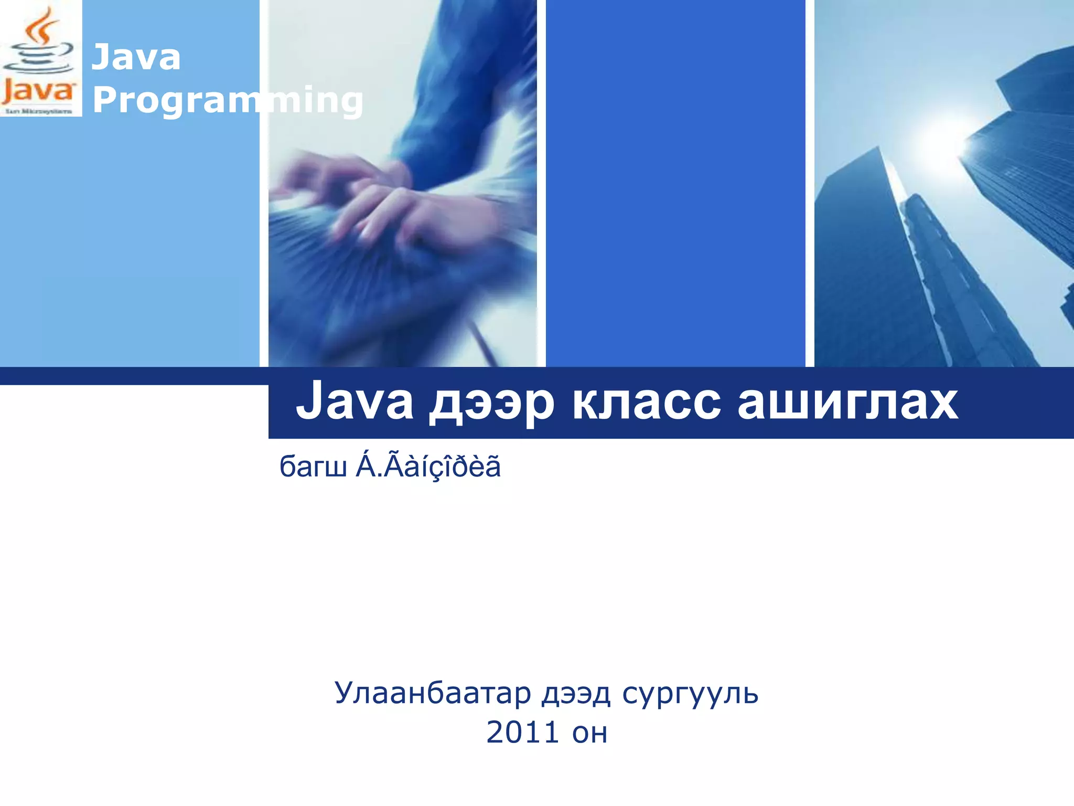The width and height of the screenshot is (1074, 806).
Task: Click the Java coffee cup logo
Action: tap(39, 58)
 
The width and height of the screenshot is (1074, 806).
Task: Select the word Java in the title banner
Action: tap(355, 402)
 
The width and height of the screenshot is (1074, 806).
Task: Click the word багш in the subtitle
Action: tap(313, 466)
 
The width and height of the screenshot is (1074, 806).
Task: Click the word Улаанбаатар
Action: tap(433, 693)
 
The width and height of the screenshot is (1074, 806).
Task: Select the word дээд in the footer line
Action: tap(576, 694)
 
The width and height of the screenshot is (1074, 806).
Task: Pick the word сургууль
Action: tap(690, 694)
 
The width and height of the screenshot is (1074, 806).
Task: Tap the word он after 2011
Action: tap(590, 734)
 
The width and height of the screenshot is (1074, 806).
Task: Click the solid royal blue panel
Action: tap(675, 184)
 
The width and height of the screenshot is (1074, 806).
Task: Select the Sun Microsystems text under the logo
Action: tap(39, 111)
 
